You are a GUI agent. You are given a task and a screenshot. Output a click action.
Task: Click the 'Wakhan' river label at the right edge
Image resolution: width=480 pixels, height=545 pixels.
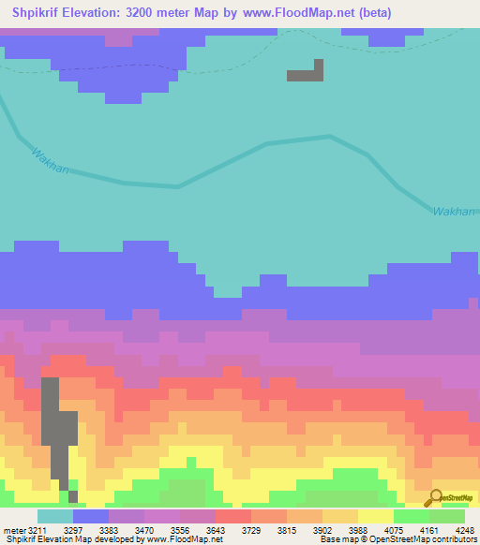[455, 212]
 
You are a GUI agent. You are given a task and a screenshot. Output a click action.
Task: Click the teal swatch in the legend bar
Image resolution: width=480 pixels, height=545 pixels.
[54, 516]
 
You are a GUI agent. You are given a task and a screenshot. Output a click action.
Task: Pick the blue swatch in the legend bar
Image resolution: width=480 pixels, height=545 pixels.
[90, 516]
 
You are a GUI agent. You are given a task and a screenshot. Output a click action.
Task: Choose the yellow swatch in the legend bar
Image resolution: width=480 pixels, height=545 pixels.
[374, 516]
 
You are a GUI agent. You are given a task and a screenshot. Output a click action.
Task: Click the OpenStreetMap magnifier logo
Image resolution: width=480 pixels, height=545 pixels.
[434, 498]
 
